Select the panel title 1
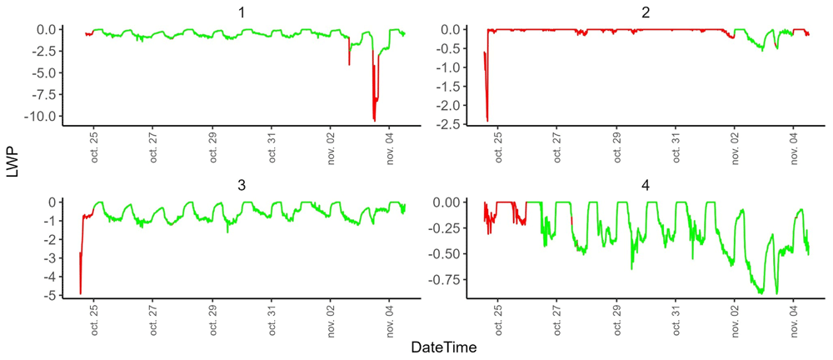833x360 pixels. (x=242, y=12)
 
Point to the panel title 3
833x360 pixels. (x=242, y=186)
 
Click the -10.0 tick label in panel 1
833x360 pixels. (x=42, y=116)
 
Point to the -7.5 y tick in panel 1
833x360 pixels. (x=45, y=94)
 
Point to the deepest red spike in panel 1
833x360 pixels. (x=375, y=121)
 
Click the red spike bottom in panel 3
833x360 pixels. (x=80, y=293)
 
